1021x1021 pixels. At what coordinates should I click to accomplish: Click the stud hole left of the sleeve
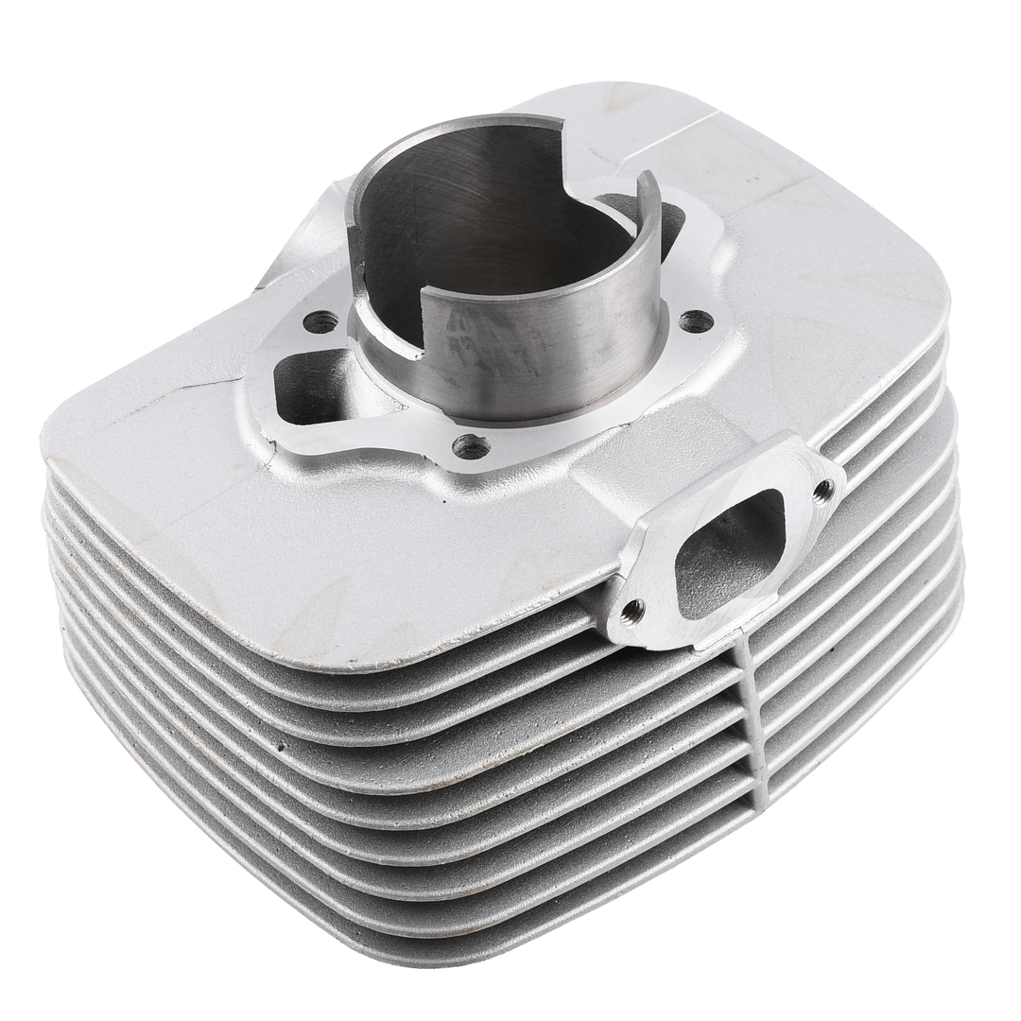(321, 321)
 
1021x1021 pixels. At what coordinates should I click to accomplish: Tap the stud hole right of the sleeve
(697, 321)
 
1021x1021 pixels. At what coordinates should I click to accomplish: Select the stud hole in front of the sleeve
(470, 445)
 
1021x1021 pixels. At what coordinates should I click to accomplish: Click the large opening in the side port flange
(731, 554)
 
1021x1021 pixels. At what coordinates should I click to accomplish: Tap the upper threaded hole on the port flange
(823, 489)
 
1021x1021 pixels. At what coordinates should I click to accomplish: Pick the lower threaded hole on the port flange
(632, 611)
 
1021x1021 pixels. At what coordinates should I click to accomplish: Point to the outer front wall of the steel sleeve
(529, 359)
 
